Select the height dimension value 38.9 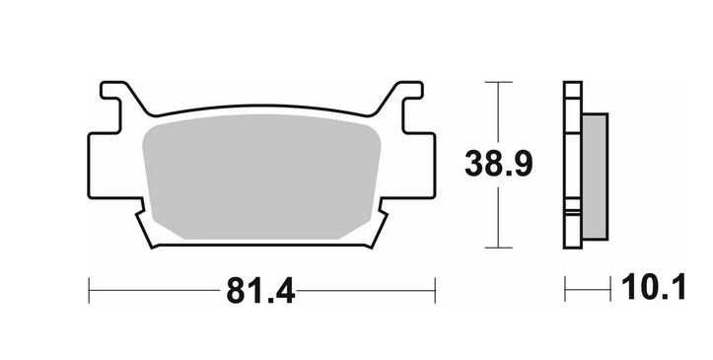(499, 164)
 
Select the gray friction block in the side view (596, 176)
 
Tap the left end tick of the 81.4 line (89, 290)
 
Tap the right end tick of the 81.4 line (435, 290)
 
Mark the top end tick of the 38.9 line (499, 82)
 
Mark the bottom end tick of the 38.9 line (499, 248)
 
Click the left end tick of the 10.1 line (565, 290)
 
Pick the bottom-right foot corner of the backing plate (376, 242)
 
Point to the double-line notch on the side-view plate (572, 209)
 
